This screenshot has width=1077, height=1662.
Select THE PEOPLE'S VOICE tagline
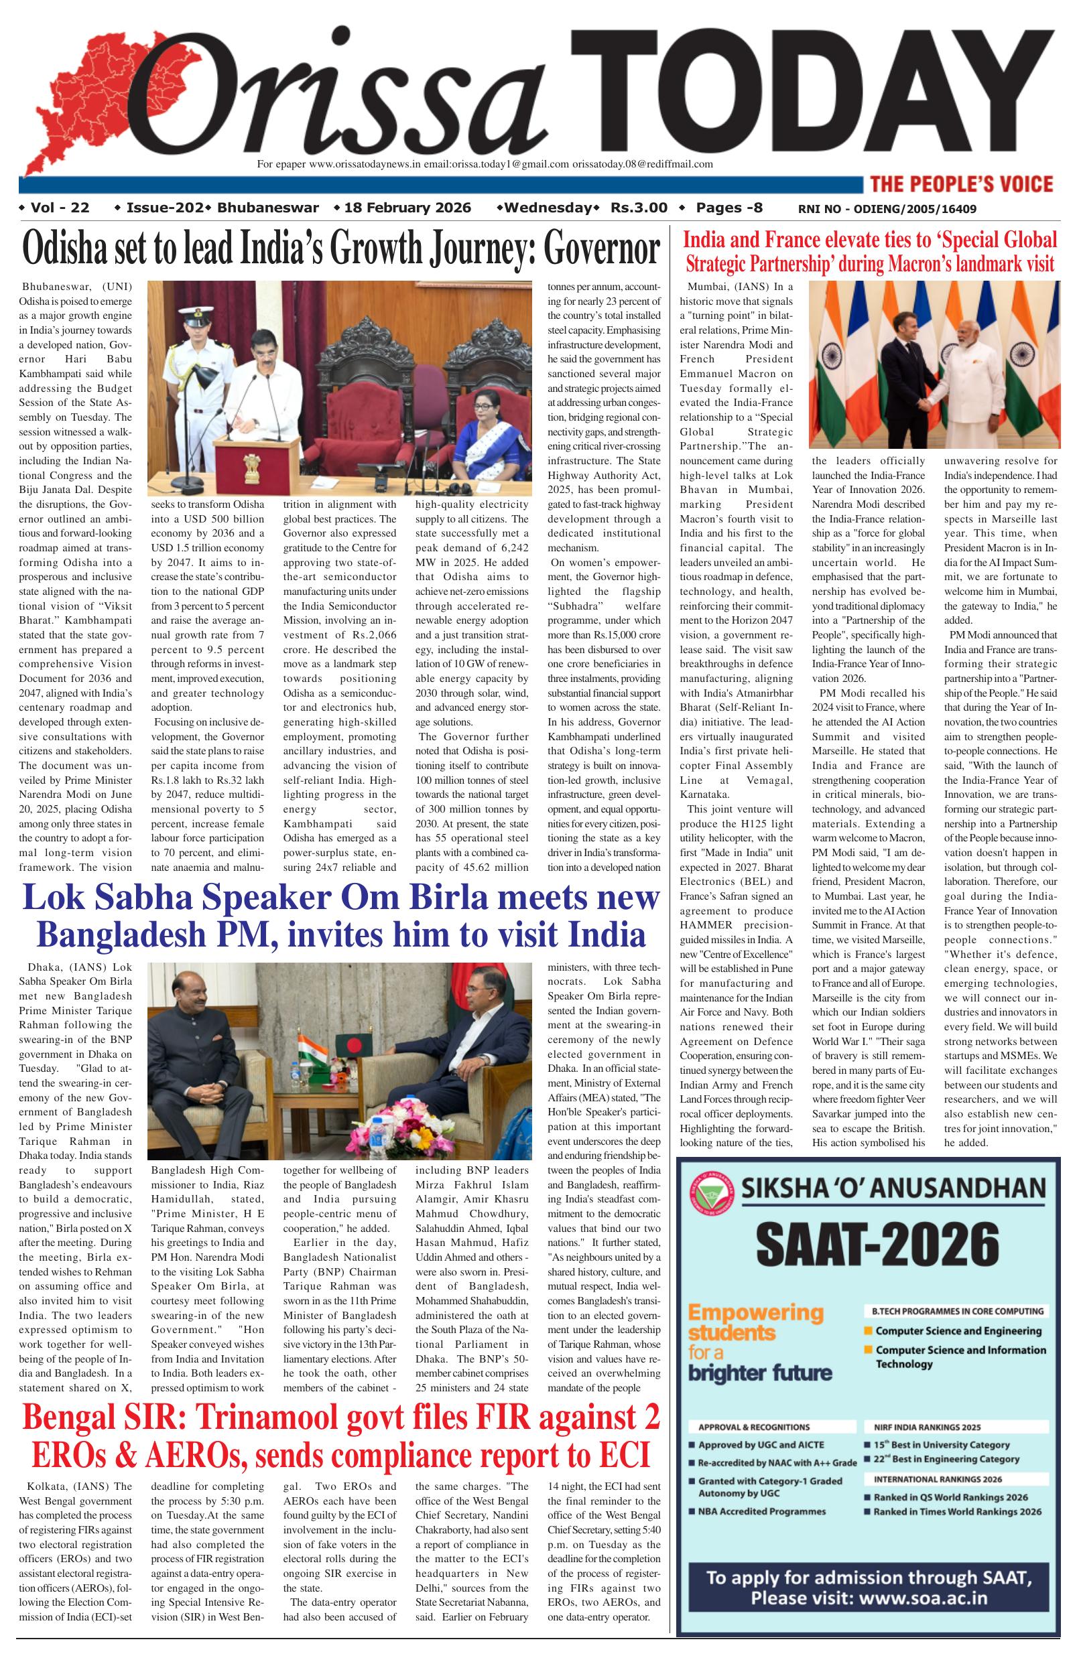click(x=961, y=184)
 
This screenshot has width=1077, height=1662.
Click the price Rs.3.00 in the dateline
click(x=639, y=208)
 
